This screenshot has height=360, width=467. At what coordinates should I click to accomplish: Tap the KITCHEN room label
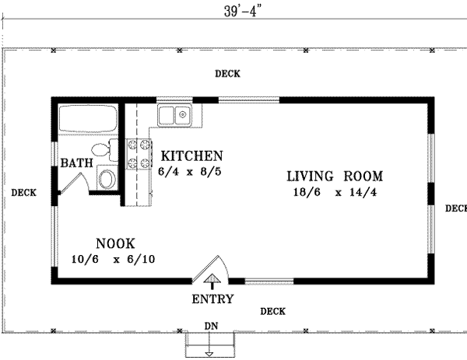click(x=191, y=156)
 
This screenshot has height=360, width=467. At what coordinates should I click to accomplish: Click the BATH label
click(x=76, y=163)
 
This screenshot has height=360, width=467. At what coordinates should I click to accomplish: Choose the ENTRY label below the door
click(x=212, y=299)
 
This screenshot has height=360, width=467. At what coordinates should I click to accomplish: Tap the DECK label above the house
click(x=227, y=74)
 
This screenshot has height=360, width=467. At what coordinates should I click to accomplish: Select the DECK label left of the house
click(x=23, y=193)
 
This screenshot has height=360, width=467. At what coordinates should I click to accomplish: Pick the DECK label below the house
click(x=272, y=311)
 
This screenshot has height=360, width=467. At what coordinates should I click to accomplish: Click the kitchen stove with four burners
click(x=139, y=154)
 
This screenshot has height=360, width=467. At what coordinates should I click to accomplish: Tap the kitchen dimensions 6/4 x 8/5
click(x=191, y=171)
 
